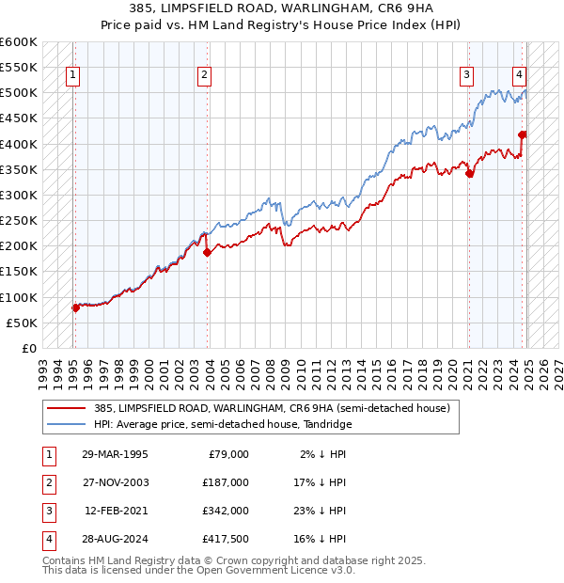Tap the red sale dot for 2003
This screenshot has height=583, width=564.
[x=207, y=252]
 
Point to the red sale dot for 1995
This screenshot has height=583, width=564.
[x=75, y=307]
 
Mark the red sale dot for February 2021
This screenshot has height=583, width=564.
[x=469, y=173]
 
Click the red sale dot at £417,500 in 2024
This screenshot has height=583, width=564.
[x=522, y=134]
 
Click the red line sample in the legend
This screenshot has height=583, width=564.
[x=68, y=408]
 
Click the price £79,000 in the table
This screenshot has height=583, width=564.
[x=228, y=453]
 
